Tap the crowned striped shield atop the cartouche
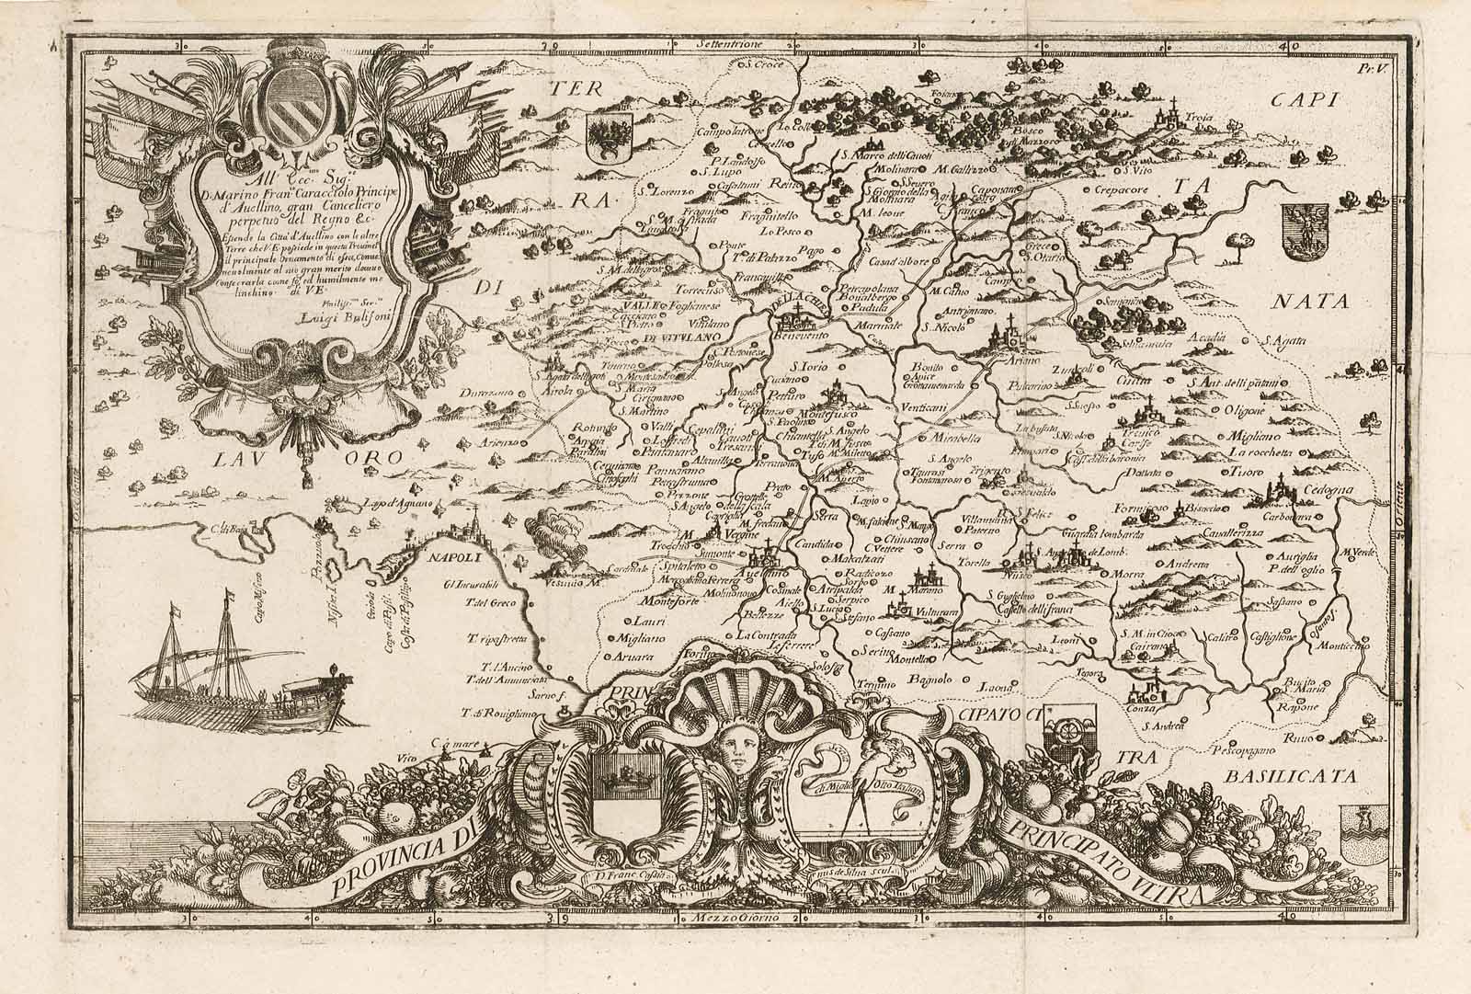point(296,100)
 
